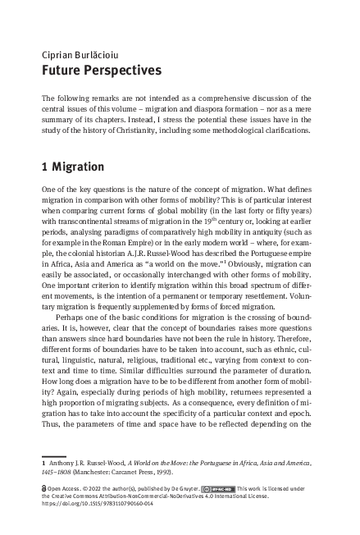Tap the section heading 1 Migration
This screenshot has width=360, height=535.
73,167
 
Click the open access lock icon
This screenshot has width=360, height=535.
44,487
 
